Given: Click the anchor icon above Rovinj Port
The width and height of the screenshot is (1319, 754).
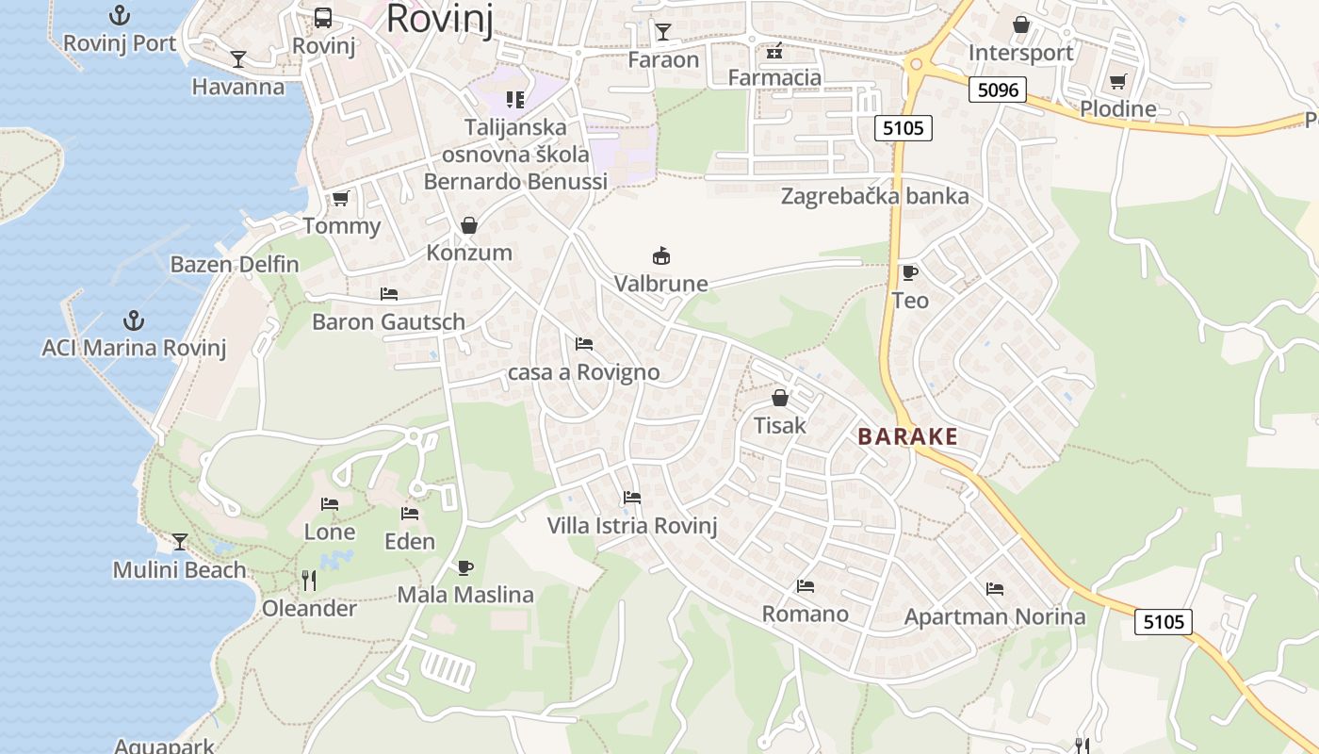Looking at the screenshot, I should click(120, 15).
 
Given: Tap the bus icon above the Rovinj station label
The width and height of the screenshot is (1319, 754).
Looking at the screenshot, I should click(323, 17).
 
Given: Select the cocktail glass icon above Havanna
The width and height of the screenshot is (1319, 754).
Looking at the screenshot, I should click(238, 59).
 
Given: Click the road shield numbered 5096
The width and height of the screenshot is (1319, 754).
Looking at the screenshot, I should click(998, 90).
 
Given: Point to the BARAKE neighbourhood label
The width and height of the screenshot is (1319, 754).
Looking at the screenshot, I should click(907, 436).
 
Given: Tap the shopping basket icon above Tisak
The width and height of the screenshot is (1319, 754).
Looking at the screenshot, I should click(780, 398).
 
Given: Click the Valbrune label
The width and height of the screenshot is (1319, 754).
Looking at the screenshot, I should click(661, 283).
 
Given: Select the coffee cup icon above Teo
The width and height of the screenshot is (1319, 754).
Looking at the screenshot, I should click(909, 273).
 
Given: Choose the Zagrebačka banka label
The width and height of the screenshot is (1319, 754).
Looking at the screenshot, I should click(874, 196).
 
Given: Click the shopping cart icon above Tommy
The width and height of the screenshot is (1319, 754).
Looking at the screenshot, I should click(340, 198).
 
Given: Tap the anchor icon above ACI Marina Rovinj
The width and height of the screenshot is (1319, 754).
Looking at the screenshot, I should click(134, 320).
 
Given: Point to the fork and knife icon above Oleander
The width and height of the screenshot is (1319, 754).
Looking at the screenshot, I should click(308, 581).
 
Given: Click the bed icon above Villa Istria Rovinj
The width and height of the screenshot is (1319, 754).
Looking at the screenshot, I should click(632, 497).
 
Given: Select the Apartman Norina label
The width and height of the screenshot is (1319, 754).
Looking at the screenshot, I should click(995, 617).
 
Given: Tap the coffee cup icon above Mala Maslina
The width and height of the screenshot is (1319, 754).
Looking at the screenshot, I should click(464, 567).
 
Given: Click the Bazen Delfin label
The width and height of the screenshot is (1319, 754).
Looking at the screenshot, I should click(234, 264).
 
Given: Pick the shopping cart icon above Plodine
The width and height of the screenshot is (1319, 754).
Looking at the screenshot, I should click(1117, 82).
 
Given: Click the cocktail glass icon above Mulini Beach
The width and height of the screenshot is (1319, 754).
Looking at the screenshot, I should click(180, 542).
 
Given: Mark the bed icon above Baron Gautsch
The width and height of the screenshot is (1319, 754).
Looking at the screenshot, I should click(388, 294).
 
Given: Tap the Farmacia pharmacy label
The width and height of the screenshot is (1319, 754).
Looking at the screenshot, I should click(774, 77).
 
